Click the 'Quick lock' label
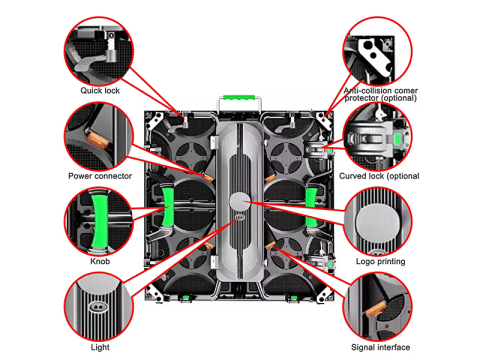pos(100,90)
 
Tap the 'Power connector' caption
pos(100,176)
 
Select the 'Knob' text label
pos(100,261)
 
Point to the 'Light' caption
pos(100,347)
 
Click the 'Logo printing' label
pos(380,261)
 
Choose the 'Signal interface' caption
pos(380,347)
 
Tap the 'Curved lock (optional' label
pos(379,176)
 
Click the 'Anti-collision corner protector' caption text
pos(381,94)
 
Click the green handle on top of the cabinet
pos(239,98)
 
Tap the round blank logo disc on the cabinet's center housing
pos(240,201)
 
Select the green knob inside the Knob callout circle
pos(99,221)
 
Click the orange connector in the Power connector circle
pos(98,140)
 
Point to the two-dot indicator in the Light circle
pos(98,306)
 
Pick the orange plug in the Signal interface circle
pos(375,309)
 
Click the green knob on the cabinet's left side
pos(168,207)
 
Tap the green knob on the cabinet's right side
pos(311,207)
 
